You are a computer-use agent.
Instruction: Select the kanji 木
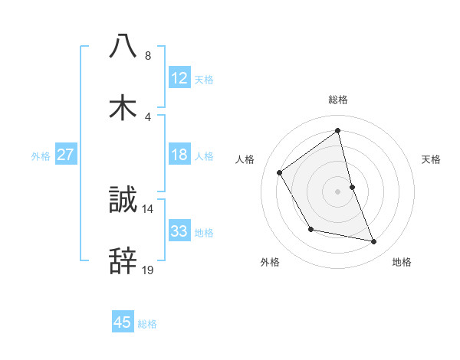(123, 108)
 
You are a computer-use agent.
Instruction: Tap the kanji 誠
(123, 201)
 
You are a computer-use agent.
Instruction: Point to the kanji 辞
(123, 262)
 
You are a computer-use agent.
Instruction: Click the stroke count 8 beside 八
(148, 56)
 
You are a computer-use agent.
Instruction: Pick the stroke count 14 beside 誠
(148, 208)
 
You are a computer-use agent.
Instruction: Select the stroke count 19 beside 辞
(148, 270)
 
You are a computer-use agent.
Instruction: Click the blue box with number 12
(179, 78)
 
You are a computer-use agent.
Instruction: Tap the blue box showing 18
(179, 155)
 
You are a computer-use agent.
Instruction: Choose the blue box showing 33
(179, 231)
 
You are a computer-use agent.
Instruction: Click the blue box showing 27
(65, 155)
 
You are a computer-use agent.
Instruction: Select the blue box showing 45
(123, 322)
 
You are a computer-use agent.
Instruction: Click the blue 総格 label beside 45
(147, 324)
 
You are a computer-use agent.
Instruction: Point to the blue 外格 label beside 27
(41, 156)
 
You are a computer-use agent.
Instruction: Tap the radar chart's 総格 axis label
(338, 100)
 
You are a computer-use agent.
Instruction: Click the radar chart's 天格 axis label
(432, 159)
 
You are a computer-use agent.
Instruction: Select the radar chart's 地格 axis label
(402, 262)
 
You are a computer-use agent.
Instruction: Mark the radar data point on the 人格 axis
(280, 172)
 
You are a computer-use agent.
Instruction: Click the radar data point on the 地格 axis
(374, 241)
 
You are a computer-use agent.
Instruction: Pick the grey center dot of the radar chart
(338, 191)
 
